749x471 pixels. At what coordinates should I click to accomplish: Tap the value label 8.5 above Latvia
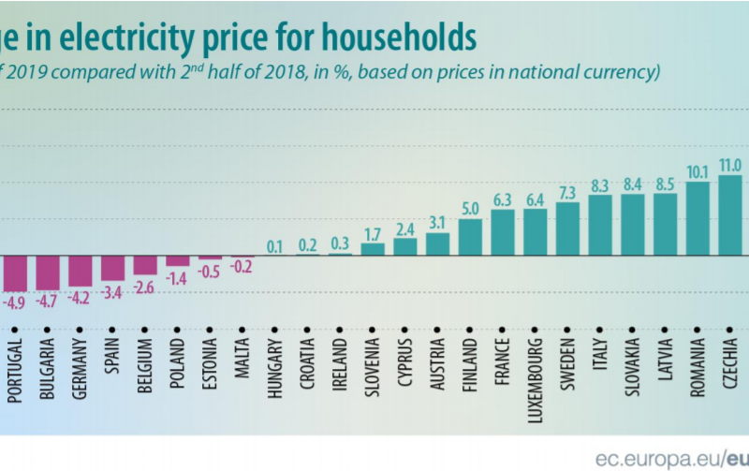coord(666,183)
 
